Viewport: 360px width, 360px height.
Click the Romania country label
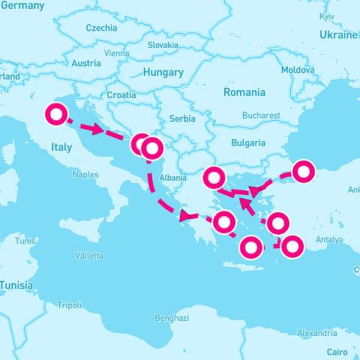(244, 92)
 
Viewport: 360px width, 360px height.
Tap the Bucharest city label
(261, 116)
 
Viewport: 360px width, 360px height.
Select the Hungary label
(162, 73)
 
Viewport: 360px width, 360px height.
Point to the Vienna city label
(116, 53)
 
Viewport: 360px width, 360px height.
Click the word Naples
(85, 175)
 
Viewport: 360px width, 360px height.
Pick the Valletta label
(89, 256)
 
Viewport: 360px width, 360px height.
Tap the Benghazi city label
(172, 318)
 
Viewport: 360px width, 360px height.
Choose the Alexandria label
(316, 333)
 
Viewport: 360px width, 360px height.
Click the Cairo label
(337, 350)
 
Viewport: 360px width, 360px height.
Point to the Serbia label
(182, 118)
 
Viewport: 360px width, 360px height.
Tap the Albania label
(172, 178)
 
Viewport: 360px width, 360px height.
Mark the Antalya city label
(328, 240)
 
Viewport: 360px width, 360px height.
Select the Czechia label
(101, 28)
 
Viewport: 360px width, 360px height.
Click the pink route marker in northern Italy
(55, 115)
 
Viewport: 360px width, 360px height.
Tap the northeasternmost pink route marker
(303, 172)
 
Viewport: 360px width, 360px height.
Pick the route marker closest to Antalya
(291, 245)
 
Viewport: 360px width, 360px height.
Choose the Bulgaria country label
(248, 142)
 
